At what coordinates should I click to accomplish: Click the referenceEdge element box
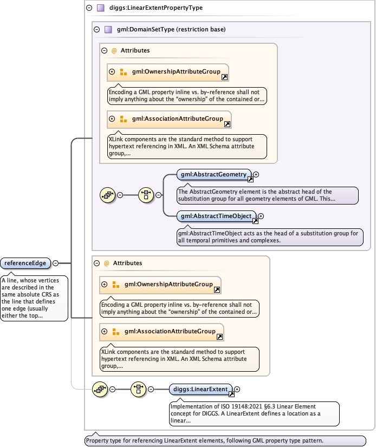pyautogui.click(x=26, y=263)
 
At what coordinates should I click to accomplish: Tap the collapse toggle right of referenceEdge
pyautogui.click(x=55, y=263)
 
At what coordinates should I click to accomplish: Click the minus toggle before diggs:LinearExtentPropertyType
pyautogui.click(x=89, y=8)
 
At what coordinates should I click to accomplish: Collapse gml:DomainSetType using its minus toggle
pyautogui.click(x=96, y=29)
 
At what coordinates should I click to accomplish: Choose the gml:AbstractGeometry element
pyautogui.click(x=213, y=174)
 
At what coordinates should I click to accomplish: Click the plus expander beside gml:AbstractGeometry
pyautogui.click(x=256, y=174)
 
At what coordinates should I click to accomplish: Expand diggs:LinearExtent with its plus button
pyautogui.click(x=237, y=389)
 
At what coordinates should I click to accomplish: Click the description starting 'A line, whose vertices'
pyautogui.click(x=34, y=298)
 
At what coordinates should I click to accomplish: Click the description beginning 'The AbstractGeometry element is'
pyautogui.click(x=267, y=195)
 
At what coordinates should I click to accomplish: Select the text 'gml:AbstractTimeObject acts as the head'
pyautogui.click(x=269, y=237)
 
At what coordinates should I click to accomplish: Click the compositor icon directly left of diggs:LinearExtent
pyautogui.click(x=139, y=388)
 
